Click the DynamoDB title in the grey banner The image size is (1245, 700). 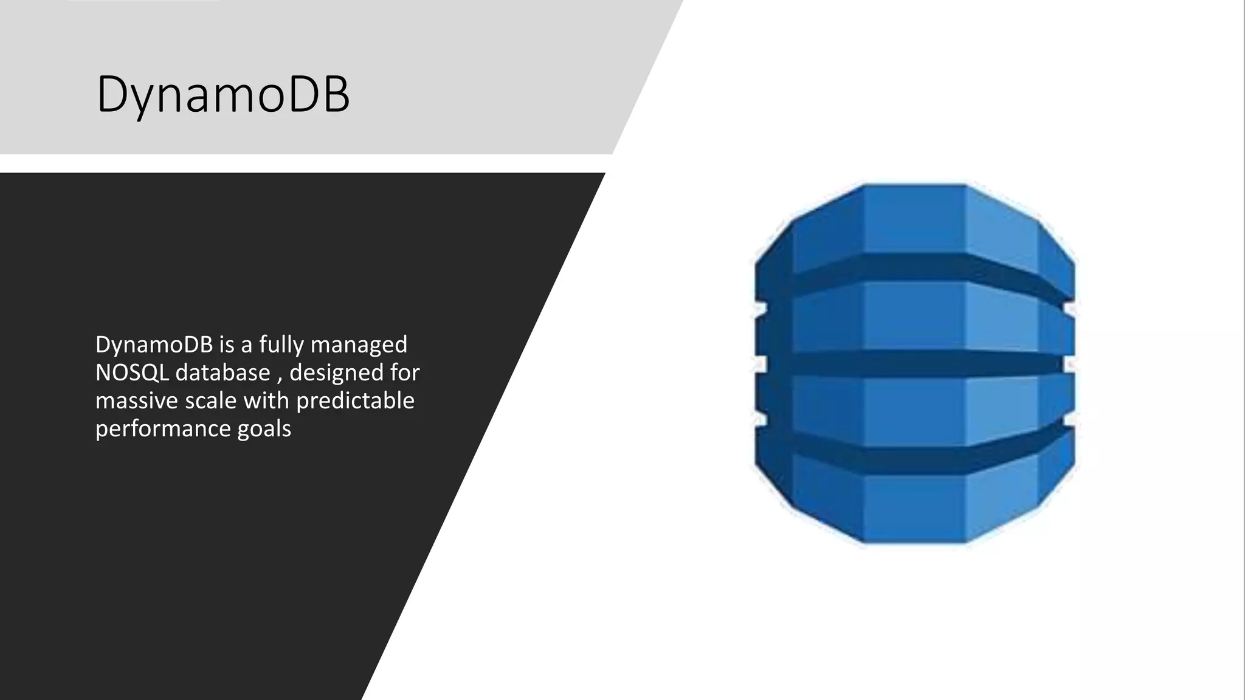click(223, 95)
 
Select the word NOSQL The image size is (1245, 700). click(132, 372)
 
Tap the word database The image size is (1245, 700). click(222, 372)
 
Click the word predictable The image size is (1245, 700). click(355, 400)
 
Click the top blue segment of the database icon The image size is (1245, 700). click(914, 219)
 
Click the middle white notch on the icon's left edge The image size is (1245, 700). click(760, 364)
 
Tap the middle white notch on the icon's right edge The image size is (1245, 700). click(1070, 364)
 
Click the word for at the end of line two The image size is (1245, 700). click(405, 372)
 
